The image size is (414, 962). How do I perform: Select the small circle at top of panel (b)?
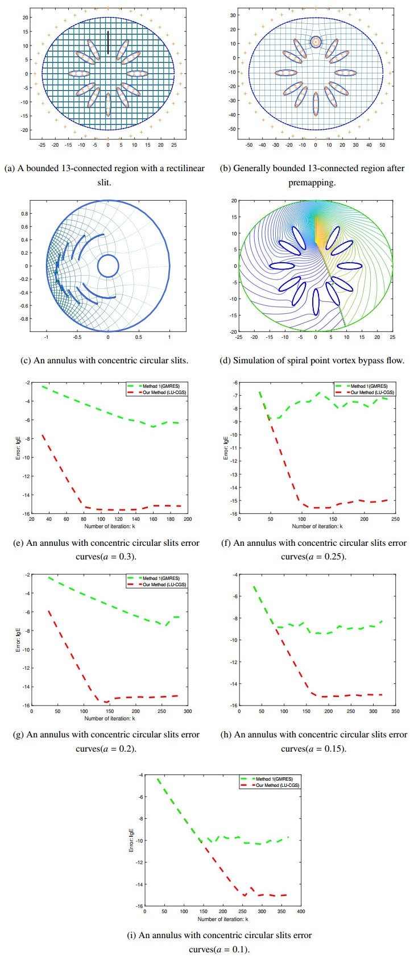pos(316,42)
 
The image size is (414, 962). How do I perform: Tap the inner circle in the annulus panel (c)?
pos(107,266)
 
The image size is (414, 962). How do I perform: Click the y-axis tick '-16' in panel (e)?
pos(26,513)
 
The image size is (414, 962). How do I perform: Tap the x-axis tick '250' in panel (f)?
pos(396,519)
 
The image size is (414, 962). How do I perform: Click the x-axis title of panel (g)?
pos(109,718)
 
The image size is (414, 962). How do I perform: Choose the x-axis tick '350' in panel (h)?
pos(396,711)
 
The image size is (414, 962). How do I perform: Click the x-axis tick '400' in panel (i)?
pos(301,911)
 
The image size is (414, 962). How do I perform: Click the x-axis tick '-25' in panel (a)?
pos(42,145)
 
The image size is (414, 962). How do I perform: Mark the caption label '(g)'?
pos(19,735)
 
